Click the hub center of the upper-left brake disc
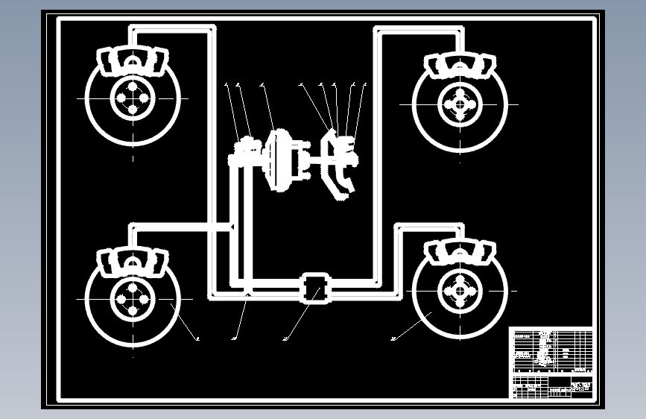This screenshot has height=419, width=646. pyautogui.click(x=133, y=98)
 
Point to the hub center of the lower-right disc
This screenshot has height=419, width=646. pyautogui.click(x=460, y=291)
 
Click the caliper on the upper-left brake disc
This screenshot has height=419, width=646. pyautogui.click(x=133, y=60)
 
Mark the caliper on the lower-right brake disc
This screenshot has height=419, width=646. pyautogui.click(x=460, y=251)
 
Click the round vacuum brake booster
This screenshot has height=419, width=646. pyautogui.click(x=280, y=160)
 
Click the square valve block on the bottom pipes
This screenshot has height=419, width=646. pyautogui.click(x=314, y=288)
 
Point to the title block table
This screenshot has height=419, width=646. pyautogui.click(x=551, y=362)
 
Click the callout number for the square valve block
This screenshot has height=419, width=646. pyautogui.click(x=285, y=340)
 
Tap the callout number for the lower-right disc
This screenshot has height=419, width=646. pyautogui.click(x=393, y=340)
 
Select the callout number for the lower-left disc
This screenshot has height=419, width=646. pyautogui.click(x=197, y=340)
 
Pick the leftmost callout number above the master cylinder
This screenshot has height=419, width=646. pyautogui.click(x=226, y=85)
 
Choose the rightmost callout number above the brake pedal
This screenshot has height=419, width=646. pyautogui.click(x=365, y=85)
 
